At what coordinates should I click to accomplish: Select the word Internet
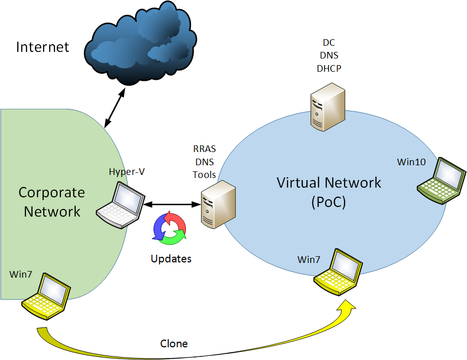tap(43, 48)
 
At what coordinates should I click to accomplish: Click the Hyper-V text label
tap(127, 172)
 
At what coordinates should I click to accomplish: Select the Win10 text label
tap(411, 162)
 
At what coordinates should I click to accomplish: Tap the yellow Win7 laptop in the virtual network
tap(338, 273)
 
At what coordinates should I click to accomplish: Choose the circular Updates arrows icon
tap(169, 227)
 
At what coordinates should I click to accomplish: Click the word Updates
tap(171, 259)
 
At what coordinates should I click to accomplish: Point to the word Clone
tap(174, 344)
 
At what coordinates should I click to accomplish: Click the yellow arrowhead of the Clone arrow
tap(348, 306)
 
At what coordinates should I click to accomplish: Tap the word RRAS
tap(204, 150)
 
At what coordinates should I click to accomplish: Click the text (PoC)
tap(328, 201)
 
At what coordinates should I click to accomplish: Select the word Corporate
tap(51, 193)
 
